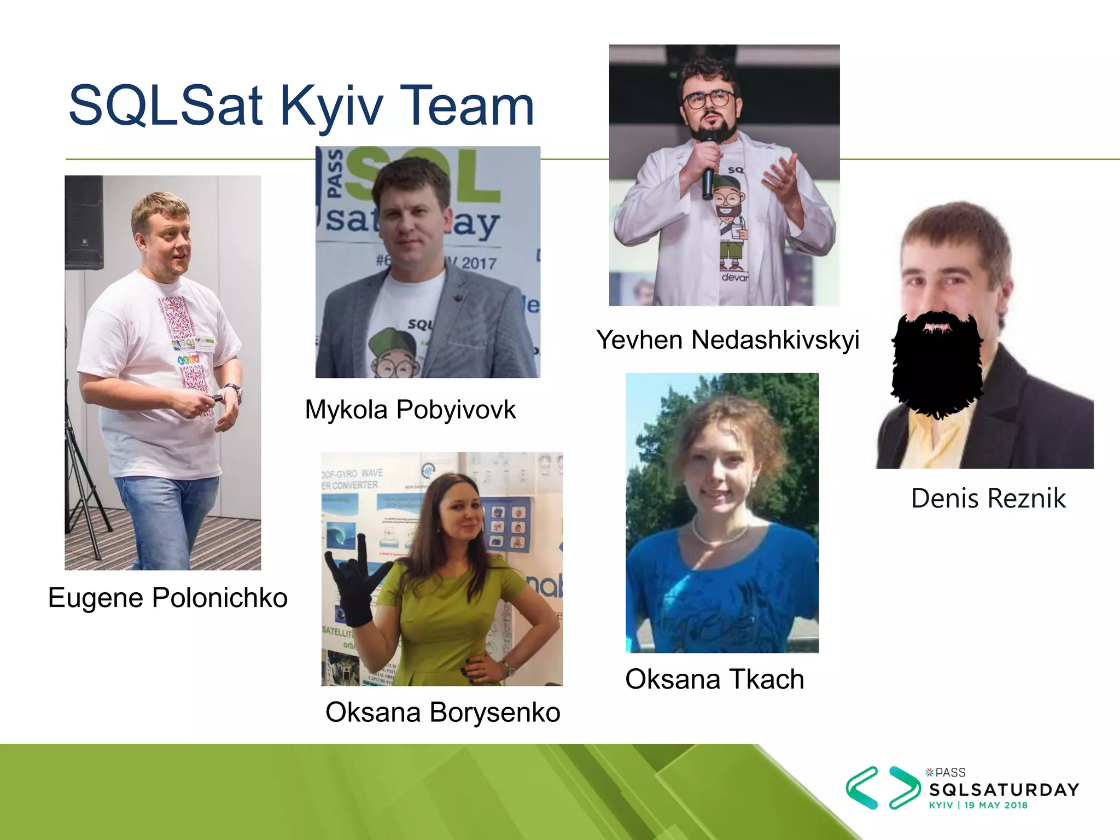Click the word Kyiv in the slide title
tap(331, 106)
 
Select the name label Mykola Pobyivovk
tap(410, 410)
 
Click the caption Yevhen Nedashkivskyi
tap(727, 340)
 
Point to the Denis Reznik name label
tap(988, 498)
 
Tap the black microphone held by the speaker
tap(709, 164)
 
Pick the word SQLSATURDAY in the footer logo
tap(1004, 790)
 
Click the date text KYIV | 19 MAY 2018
tap(978, 806)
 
